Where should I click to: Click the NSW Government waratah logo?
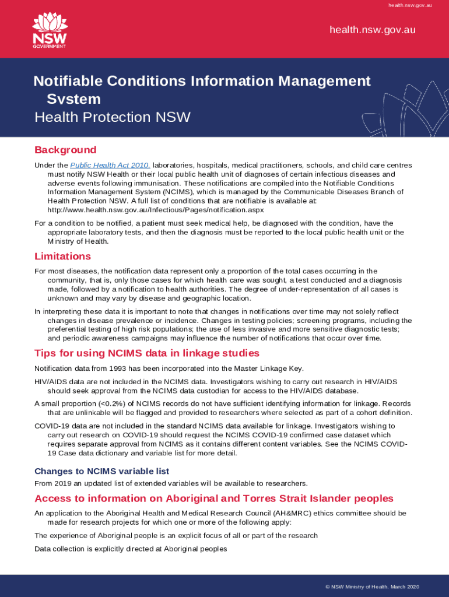[x=50, y=30]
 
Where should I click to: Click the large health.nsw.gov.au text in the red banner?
[x=372, y=30]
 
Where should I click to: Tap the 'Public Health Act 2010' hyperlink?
[x=110, y=166]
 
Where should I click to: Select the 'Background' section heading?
[x=65, y=150]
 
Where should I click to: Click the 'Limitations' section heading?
[x=62, y=256]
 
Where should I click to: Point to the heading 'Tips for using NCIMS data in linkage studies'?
[x=147, y=353]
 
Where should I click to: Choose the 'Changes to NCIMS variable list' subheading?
[x=101, y=471]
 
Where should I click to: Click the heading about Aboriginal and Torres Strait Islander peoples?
[x=214, y=498]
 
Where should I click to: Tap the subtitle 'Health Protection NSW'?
[x=113, y=117]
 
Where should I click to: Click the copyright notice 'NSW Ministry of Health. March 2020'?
[x=372, y=587]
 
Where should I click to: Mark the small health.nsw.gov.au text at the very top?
[x=410, y=5]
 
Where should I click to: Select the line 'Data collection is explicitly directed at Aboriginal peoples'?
[x=131, y=549]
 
